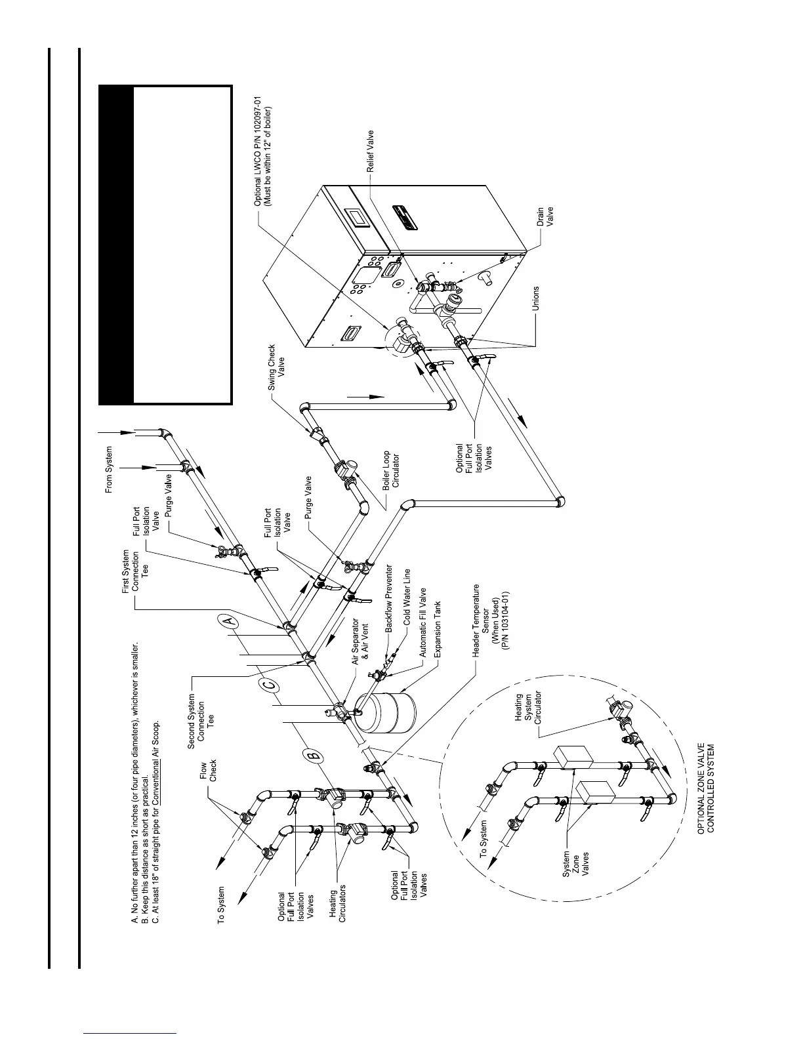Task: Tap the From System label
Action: coord(110,470)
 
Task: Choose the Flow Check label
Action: coord(208,771)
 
